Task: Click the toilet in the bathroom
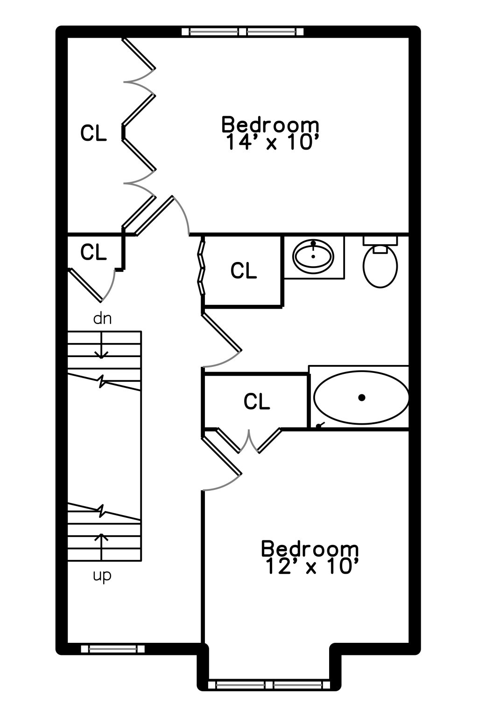(x=380, y=262)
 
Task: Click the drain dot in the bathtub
(x=362, y=398)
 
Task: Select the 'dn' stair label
(x=102, y=319)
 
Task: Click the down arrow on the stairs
(x=101, y=345)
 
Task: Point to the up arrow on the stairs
(x=101, y=547)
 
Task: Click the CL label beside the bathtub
(x=257, y=401)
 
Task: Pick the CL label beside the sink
(x=244, y=270)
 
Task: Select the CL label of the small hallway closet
(x=93, y=252)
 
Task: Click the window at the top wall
(x=242, y=31)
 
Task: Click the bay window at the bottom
(x=269, y=685)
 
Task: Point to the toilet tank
(x=380, y=241)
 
